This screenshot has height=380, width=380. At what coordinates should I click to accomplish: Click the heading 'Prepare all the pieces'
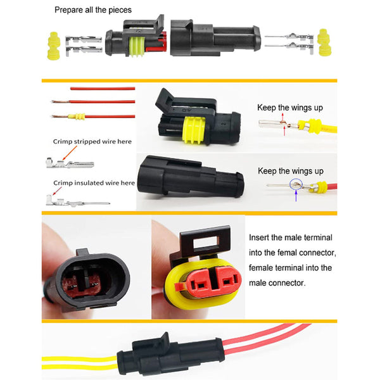point(93,10)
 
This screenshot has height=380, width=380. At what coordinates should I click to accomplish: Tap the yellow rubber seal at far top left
point(54,46)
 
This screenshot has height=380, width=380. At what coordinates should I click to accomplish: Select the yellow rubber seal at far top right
point(324,42)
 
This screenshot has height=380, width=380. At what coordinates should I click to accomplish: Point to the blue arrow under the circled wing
point(296,196)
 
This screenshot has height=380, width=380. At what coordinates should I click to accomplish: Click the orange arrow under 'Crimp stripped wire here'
point(70,153)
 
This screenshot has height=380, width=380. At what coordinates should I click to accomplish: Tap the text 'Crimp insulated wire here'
point(94,183)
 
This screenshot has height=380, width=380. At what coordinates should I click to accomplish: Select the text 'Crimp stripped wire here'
point(92,141)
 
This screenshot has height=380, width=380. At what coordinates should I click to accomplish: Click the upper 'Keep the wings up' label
point(290,108)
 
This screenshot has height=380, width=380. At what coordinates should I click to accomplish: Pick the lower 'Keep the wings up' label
point(291,171)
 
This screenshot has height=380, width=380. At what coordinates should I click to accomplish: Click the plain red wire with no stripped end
point(103,89)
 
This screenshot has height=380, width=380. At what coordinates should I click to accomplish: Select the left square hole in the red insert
point(201,286)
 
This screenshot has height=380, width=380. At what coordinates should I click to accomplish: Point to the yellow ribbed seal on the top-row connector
point(137,47)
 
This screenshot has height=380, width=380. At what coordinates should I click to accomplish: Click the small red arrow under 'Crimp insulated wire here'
point(57,191)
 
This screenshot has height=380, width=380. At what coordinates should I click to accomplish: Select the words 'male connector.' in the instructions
point(277,283)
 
